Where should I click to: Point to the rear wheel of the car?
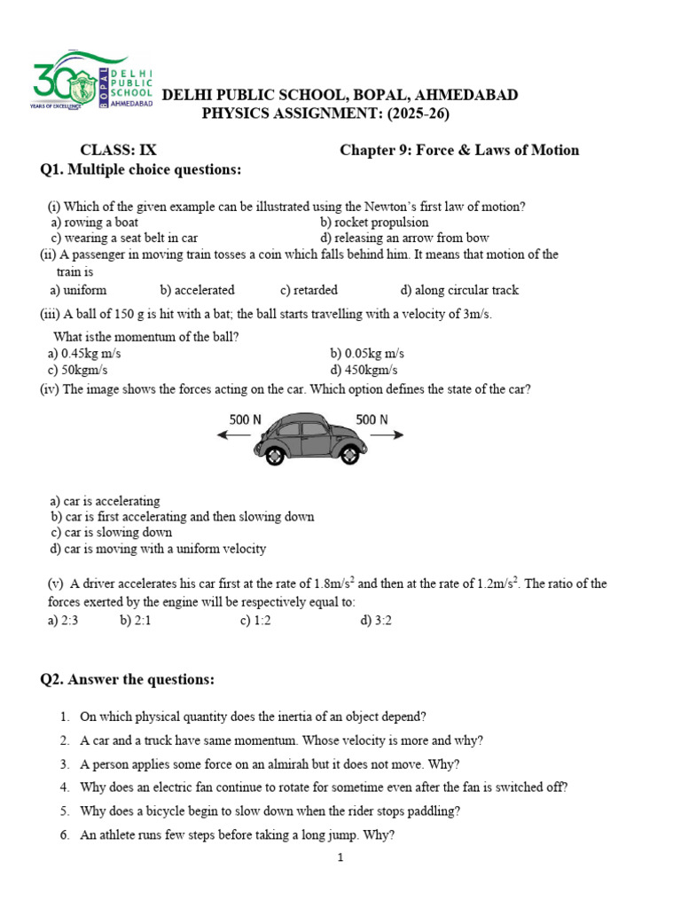(276, 454)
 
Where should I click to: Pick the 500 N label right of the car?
(372, 419)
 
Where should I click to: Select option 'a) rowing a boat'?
(94, 223)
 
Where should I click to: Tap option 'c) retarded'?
(309, 290)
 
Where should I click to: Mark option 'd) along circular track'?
(459, 290)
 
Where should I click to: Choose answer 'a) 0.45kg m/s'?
(84, 353)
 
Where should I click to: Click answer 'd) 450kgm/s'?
(364, 370)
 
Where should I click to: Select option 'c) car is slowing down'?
(111, 533)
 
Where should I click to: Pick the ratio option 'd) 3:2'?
(376, 621)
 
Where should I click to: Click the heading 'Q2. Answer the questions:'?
(128, 680)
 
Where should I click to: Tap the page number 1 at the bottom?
(340, 858)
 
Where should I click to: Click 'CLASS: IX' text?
(119, 150)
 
